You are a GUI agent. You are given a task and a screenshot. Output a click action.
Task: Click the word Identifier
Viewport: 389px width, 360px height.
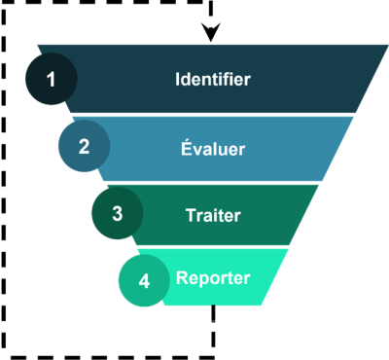[x=212, y=79]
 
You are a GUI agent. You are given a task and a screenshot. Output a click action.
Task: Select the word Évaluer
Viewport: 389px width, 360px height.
[x=212, y=149]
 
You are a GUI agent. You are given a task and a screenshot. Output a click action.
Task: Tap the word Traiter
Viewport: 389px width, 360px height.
[x=212, y=214]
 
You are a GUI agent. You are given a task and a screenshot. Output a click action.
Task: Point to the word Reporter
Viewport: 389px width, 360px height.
[x=213, y=277]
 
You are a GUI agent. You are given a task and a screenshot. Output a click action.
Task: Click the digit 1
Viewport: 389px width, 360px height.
[x=51, y=78]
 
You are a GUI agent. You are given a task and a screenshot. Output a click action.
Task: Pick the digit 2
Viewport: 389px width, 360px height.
[x=84, y=147]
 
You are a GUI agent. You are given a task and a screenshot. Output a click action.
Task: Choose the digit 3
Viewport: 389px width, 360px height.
[x=117, y=213]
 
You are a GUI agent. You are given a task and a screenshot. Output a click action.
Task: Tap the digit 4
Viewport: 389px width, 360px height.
[x=144, y=280]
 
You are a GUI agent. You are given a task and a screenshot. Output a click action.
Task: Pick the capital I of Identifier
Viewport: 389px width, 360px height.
[x=178, y=79]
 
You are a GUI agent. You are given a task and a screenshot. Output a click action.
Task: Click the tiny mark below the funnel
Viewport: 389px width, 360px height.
[x=213, y=319]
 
